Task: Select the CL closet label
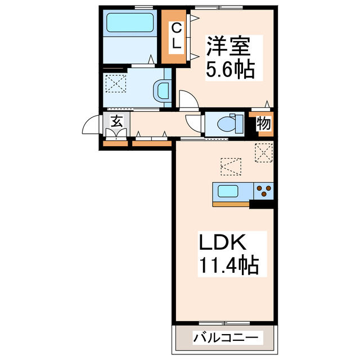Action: click(x=176, y=37)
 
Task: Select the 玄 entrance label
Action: click(x=116, y=121)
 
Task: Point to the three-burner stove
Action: click(x=263, y=191)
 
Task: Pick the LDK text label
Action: click(x=222, y=242)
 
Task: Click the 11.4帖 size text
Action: click(x=227, y=264)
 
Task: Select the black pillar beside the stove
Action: click(x=262, y=204)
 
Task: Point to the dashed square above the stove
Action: click(x=263, y=152)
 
